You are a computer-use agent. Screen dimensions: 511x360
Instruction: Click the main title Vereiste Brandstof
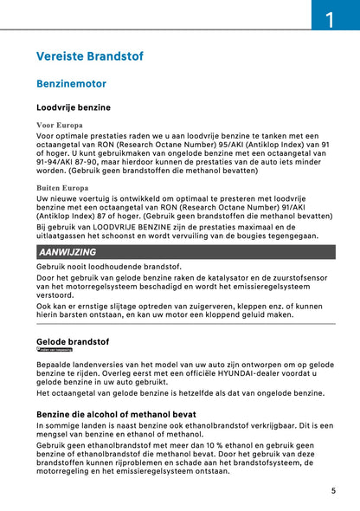(90, 57)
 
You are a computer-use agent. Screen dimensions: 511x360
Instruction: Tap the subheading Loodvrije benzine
(74, 108)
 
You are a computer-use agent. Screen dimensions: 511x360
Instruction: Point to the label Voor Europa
(60, 126)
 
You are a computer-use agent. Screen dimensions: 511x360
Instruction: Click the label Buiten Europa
(62, 186)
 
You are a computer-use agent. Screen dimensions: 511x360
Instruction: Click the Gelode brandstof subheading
(73, 341)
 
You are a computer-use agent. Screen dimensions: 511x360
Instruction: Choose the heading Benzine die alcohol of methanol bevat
(116, 415)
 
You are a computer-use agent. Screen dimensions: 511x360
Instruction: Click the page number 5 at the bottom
(333, 490)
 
